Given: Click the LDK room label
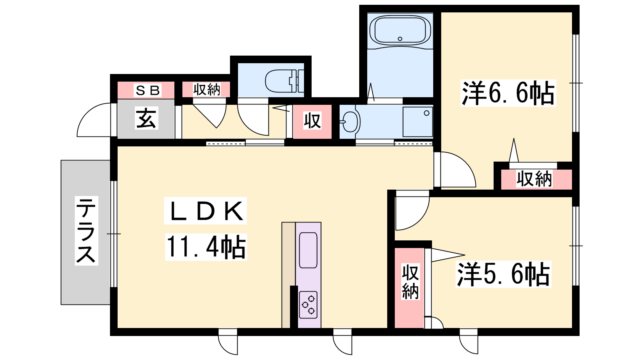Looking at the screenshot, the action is point(206,211).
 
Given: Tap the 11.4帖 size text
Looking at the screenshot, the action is point(206,247).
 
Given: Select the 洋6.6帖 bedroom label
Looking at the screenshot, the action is point(508,93).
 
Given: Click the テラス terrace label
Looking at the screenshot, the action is point(86,230).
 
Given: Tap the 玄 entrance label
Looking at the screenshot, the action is point(146,118).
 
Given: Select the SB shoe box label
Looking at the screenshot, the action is point(148,90).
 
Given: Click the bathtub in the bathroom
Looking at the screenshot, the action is point(400,30).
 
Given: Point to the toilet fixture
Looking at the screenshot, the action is point(284,81).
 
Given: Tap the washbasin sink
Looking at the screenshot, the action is point(350,122).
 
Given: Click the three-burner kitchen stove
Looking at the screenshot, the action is point(308,305).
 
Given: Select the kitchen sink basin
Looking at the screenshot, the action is point(308,250).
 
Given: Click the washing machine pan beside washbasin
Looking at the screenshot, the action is point(418,122).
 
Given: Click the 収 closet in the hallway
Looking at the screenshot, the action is point(312,122).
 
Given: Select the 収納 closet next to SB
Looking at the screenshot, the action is point(206,90).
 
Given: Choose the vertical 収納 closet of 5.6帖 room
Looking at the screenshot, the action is point(410,288).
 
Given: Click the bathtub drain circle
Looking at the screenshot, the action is point(400,39).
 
